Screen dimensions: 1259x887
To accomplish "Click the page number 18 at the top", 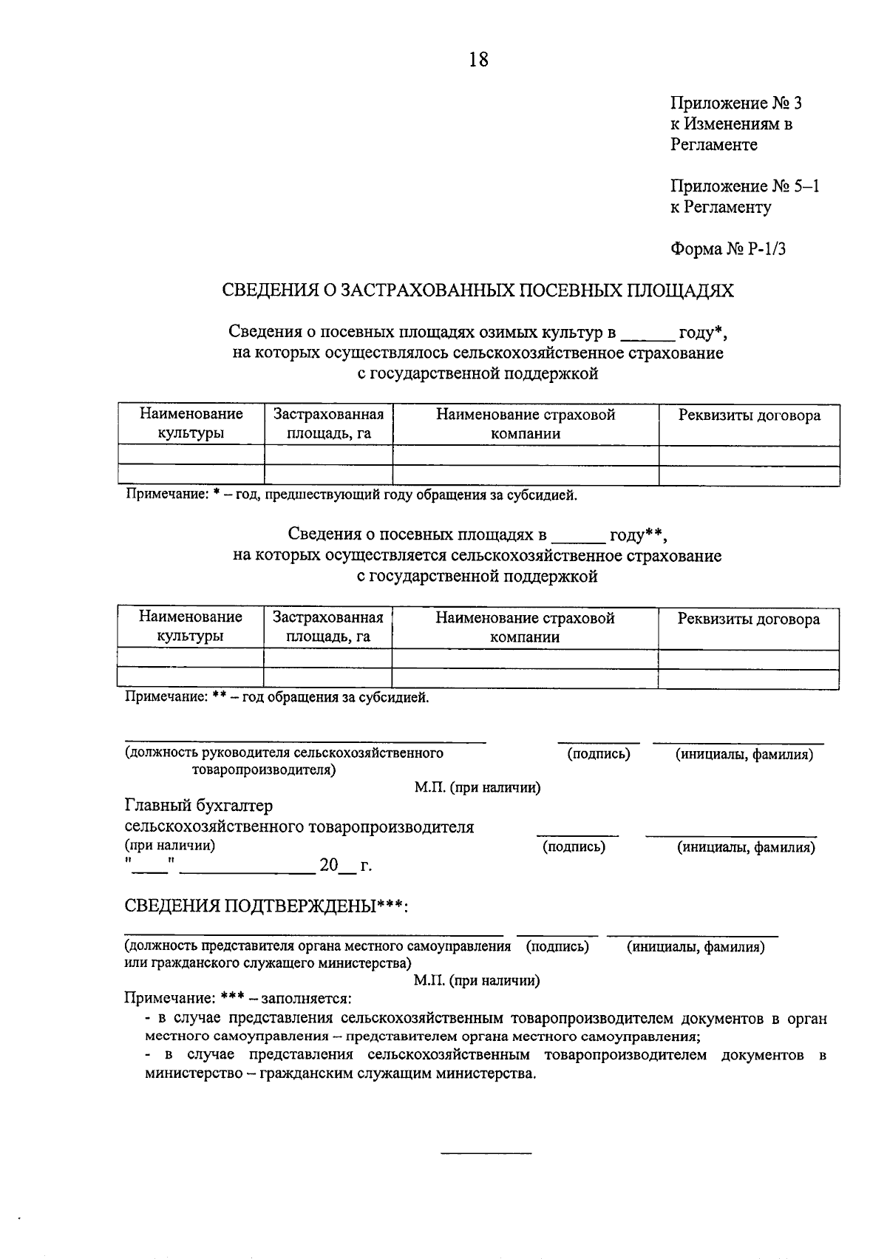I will tap(478, 59).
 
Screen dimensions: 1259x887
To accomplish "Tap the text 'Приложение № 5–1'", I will tap(744, 186).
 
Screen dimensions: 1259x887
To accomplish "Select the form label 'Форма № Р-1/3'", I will tap(727, 249).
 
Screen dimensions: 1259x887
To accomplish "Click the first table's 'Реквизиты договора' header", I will tap(749, 415).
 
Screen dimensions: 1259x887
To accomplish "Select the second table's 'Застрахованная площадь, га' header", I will tap(327, 627).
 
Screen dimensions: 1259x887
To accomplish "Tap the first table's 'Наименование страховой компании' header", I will tap(525, 424).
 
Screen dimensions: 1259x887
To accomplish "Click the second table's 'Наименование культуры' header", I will tap(191, 627).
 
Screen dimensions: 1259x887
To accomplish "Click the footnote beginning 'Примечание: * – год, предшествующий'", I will tap(350, 495).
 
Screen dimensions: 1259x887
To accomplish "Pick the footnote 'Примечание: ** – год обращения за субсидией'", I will tap(276, 697).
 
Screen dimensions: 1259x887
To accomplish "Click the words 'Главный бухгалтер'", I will tap(199, 805).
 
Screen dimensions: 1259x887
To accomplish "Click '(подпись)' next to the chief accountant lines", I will tap(574, 847).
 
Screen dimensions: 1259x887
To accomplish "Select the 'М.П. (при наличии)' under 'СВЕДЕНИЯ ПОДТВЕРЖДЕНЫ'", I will tap(477, 981).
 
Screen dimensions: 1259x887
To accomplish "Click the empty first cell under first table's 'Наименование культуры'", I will tap(191, 455).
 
